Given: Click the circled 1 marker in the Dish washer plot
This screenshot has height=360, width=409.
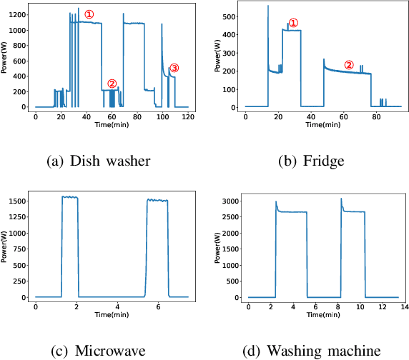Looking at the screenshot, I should [x=89, y=14].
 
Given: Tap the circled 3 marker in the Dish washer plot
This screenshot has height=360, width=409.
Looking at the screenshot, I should [x=174, y=68].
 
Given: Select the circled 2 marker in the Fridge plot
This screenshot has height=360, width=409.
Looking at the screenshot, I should [x=349, y=64].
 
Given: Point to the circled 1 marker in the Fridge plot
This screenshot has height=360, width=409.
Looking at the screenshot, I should [x=292, y=23].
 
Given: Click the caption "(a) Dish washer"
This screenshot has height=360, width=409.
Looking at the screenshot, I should [x=98, y=161].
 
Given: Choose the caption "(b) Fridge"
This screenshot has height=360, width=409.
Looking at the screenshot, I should [x=311, y=161].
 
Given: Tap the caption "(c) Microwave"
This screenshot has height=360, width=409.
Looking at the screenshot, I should [x=98, y=350].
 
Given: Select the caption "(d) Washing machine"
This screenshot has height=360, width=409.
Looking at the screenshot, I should [x=311, y=350].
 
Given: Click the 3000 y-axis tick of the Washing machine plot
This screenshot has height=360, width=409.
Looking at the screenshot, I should [x=230, y=202].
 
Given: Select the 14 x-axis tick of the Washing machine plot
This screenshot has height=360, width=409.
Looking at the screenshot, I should [x=403, y=307].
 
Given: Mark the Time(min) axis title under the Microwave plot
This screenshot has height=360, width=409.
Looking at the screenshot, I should [x=112, y=314].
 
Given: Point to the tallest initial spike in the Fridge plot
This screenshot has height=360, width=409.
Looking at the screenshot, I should [x=268, y=7].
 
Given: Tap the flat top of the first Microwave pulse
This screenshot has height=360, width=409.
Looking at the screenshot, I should [x=69, y=197].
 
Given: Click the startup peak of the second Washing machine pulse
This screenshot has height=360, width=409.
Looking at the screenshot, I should [x=341, y=199].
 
